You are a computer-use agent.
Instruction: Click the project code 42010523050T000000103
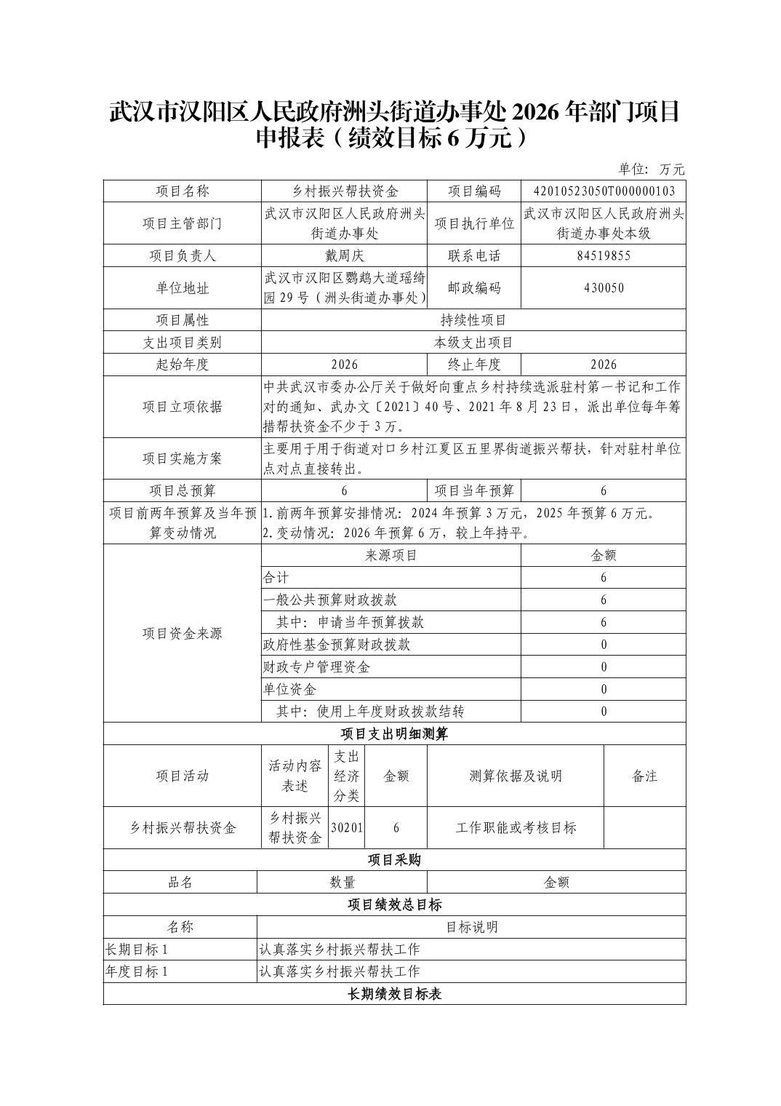pos(604,191)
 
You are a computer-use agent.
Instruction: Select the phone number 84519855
pos(604,255)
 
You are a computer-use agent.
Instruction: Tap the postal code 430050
pos(604,287)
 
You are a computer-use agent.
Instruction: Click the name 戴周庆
pos(344,255)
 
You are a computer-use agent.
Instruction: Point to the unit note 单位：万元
pos(652,170)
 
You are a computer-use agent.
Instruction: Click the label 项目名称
pos(182,191)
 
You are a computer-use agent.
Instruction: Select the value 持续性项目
pos(473,320)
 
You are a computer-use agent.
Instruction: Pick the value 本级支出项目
pos(473,343)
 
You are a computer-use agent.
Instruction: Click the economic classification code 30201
pos(347,828)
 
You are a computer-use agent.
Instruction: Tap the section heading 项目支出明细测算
pos(394,733)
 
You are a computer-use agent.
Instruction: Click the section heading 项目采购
pos(394,860)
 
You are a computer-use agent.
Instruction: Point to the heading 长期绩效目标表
pos(394,994)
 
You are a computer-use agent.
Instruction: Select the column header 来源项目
pos(391,556)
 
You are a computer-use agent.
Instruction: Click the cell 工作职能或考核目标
pos(516,828)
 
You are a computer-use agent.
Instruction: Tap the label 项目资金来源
pos(182,633)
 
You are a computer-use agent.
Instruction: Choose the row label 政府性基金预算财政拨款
pos(337,645)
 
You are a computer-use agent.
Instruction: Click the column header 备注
pos(644,776)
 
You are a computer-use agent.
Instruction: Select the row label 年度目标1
pos(137,972)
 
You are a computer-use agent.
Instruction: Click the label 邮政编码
pos(474,287)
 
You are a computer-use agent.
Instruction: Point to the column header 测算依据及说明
pos(516,776)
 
